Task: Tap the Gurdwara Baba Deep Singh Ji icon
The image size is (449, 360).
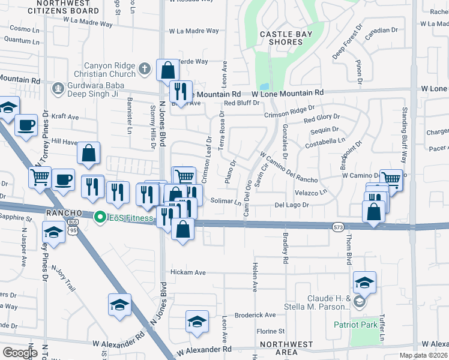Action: pos(58,88)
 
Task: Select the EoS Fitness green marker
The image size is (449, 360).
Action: pos(100,217)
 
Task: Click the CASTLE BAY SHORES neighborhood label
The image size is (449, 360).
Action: pos(286,38)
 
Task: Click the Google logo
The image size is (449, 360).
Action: pos(20,352)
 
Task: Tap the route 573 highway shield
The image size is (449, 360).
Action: pos(338,226)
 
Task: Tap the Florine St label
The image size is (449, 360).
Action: pos(270,331)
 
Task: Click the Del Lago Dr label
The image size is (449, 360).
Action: pos(292,205)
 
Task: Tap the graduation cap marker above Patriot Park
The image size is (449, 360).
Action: pos(364,282)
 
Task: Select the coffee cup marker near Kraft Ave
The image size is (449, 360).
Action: pos(26,125)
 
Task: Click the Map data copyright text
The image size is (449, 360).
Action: pos(424,355)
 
